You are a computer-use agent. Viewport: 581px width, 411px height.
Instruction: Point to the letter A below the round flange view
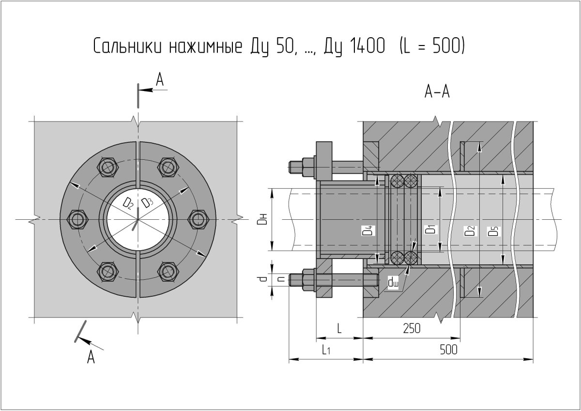(91, 357)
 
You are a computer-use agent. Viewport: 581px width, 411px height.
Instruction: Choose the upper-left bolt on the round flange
(107, 167)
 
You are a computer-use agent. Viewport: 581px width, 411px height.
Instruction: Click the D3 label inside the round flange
(148, 202)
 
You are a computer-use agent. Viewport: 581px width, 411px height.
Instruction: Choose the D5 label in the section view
(493, 231)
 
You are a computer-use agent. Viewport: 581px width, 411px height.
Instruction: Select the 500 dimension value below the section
(449, 349)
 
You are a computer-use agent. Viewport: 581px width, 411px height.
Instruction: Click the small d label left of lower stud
(262, 279)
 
